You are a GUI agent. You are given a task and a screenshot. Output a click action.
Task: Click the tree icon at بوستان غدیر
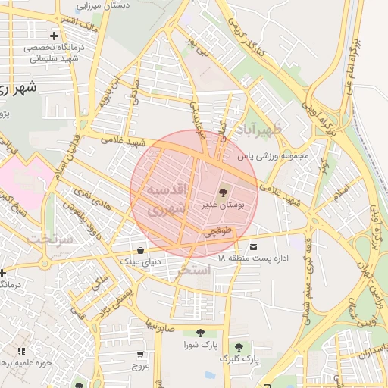(x=222, y=192)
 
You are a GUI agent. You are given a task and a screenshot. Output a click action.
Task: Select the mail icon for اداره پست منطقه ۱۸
(x=252, y=247)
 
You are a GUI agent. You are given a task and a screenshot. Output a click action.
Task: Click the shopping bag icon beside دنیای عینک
(x=141, y=249)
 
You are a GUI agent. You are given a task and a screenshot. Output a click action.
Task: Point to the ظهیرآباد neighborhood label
(x=258, y=130)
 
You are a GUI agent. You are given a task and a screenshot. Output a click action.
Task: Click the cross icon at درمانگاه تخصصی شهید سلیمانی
(x=54, y=36)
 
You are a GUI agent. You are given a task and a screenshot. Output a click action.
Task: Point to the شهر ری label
(x=17, y=88)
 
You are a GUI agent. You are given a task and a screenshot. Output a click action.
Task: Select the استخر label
(x=192, y=269)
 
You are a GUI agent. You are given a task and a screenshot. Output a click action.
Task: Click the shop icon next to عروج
(x=140, y=354)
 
